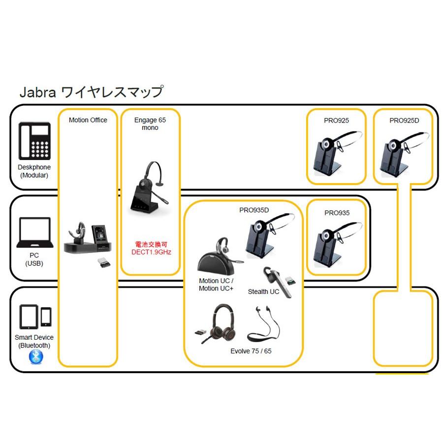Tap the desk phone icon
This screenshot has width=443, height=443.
coord(34,140)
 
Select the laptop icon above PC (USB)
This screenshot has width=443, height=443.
coord(34,233)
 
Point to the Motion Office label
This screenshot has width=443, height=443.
coord(88,120)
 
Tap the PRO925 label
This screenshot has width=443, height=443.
coord(337,120)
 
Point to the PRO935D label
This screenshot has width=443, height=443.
coord(254,210)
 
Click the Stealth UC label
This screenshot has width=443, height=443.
coord(263,292)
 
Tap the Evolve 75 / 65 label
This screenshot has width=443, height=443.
coord(251,351)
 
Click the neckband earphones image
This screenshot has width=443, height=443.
coord(261,325)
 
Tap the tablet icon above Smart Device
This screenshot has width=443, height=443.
coord(29,317)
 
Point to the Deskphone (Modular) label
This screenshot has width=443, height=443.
coord(33,171)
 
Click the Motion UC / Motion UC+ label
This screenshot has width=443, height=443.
coord(216,285)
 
